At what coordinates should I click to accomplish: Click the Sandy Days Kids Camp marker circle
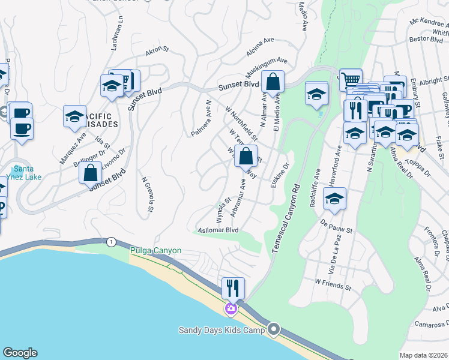point(274,329)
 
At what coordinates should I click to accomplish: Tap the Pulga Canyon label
point(156,251)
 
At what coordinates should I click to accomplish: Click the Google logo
point(20,353)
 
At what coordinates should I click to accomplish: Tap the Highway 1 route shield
point(111,242)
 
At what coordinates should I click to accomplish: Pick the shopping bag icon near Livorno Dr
point(90,172)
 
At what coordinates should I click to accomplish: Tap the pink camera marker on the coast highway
point(231,309)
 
